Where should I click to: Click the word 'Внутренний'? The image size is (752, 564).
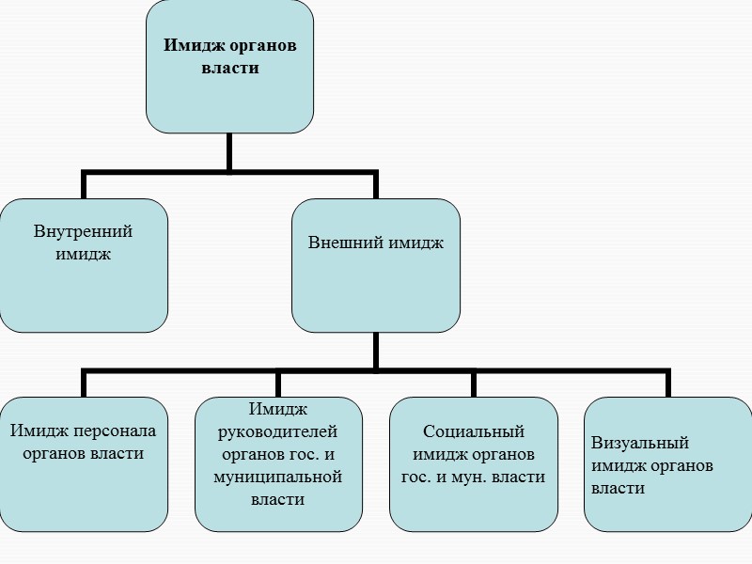(x=83, y=231)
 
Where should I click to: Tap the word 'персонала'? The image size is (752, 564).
(x=111, y=431)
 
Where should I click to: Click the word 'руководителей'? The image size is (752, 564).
(x=277, y=431)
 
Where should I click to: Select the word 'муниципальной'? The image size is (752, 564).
(x=277, y=477)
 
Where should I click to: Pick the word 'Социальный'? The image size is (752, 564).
(x=474, y=431)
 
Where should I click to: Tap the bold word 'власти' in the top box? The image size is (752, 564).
(x=229, y=69)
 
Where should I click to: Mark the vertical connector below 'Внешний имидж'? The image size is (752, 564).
(x=375, y=349)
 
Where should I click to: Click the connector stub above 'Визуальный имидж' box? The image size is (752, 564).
(x=667, y=383)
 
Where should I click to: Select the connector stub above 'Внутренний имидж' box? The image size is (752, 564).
(x=84, y=184)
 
